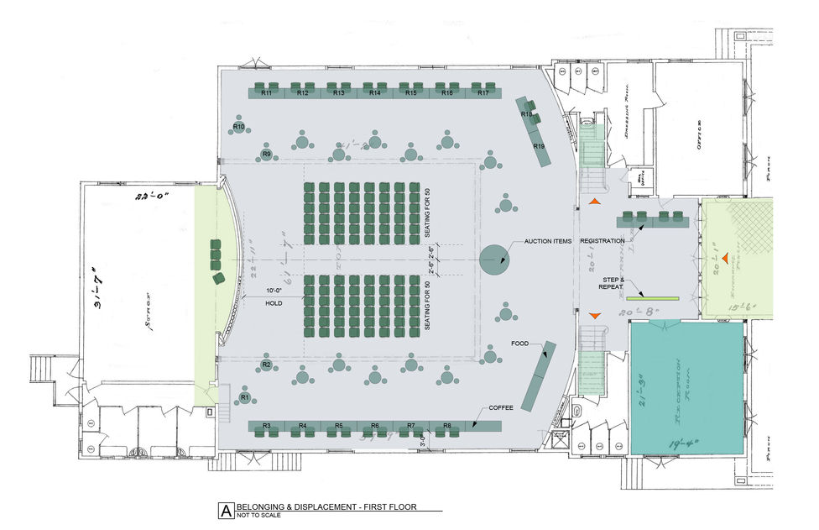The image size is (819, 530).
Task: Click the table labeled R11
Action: [x=266, y=92]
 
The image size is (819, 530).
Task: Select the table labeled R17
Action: [x=483, y=92]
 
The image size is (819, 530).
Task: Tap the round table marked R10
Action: [x=238, y=127]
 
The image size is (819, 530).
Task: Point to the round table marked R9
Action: [x=267, y=155]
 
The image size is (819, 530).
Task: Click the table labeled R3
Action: [x=266, y=427]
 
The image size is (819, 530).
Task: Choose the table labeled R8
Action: [x=447, y=427]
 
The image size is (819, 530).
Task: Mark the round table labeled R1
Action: [x=245, y=396]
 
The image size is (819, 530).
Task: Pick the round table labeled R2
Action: [x=266, y=365]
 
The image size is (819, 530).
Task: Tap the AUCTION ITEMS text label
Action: [x=547, y=242]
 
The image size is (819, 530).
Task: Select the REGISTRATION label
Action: [x=602, y=241]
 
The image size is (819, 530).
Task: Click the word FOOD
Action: [x=519, y=344]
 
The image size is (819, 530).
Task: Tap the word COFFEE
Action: [x=501, y=407]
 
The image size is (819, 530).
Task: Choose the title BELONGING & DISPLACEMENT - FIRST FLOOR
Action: [x=326, y=507]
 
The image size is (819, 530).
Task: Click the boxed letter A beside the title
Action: [x=225, y=510]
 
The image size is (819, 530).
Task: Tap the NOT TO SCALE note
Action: [x=258, y=516]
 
